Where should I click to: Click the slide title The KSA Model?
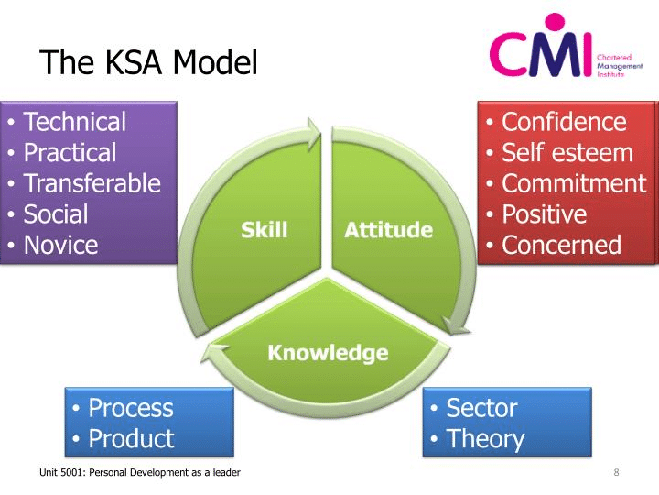coord(149,62)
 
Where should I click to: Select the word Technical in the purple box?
coord(74,122)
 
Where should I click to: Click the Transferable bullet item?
coord(92,183)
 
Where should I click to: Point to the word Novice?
coord(60,246)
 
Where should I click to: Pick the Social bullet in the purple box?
coord(56,214)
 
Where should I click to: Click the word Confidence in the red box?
coord(565,122)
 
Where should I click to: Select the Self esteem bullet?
coord(567,152)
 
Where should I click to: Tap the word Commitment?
coord(574,183)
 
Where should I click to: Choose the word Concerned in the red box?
coord(562,246)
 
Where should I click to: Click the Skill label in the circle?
coord(265,229)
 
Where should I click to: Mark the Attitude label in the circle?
coord(388,229)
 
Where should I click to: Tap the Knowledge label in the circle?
coord(328,353)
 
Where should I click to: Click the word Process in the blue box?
coord(131,407)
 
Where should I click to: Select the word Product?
coord(131,438)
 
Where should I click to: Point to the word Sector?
coord(481,407)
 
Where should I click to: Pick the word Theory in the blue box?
coord(485,439)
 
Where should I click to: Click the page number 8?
coord(617,472)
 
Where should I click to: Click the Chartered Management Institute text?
coord(619,65)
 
